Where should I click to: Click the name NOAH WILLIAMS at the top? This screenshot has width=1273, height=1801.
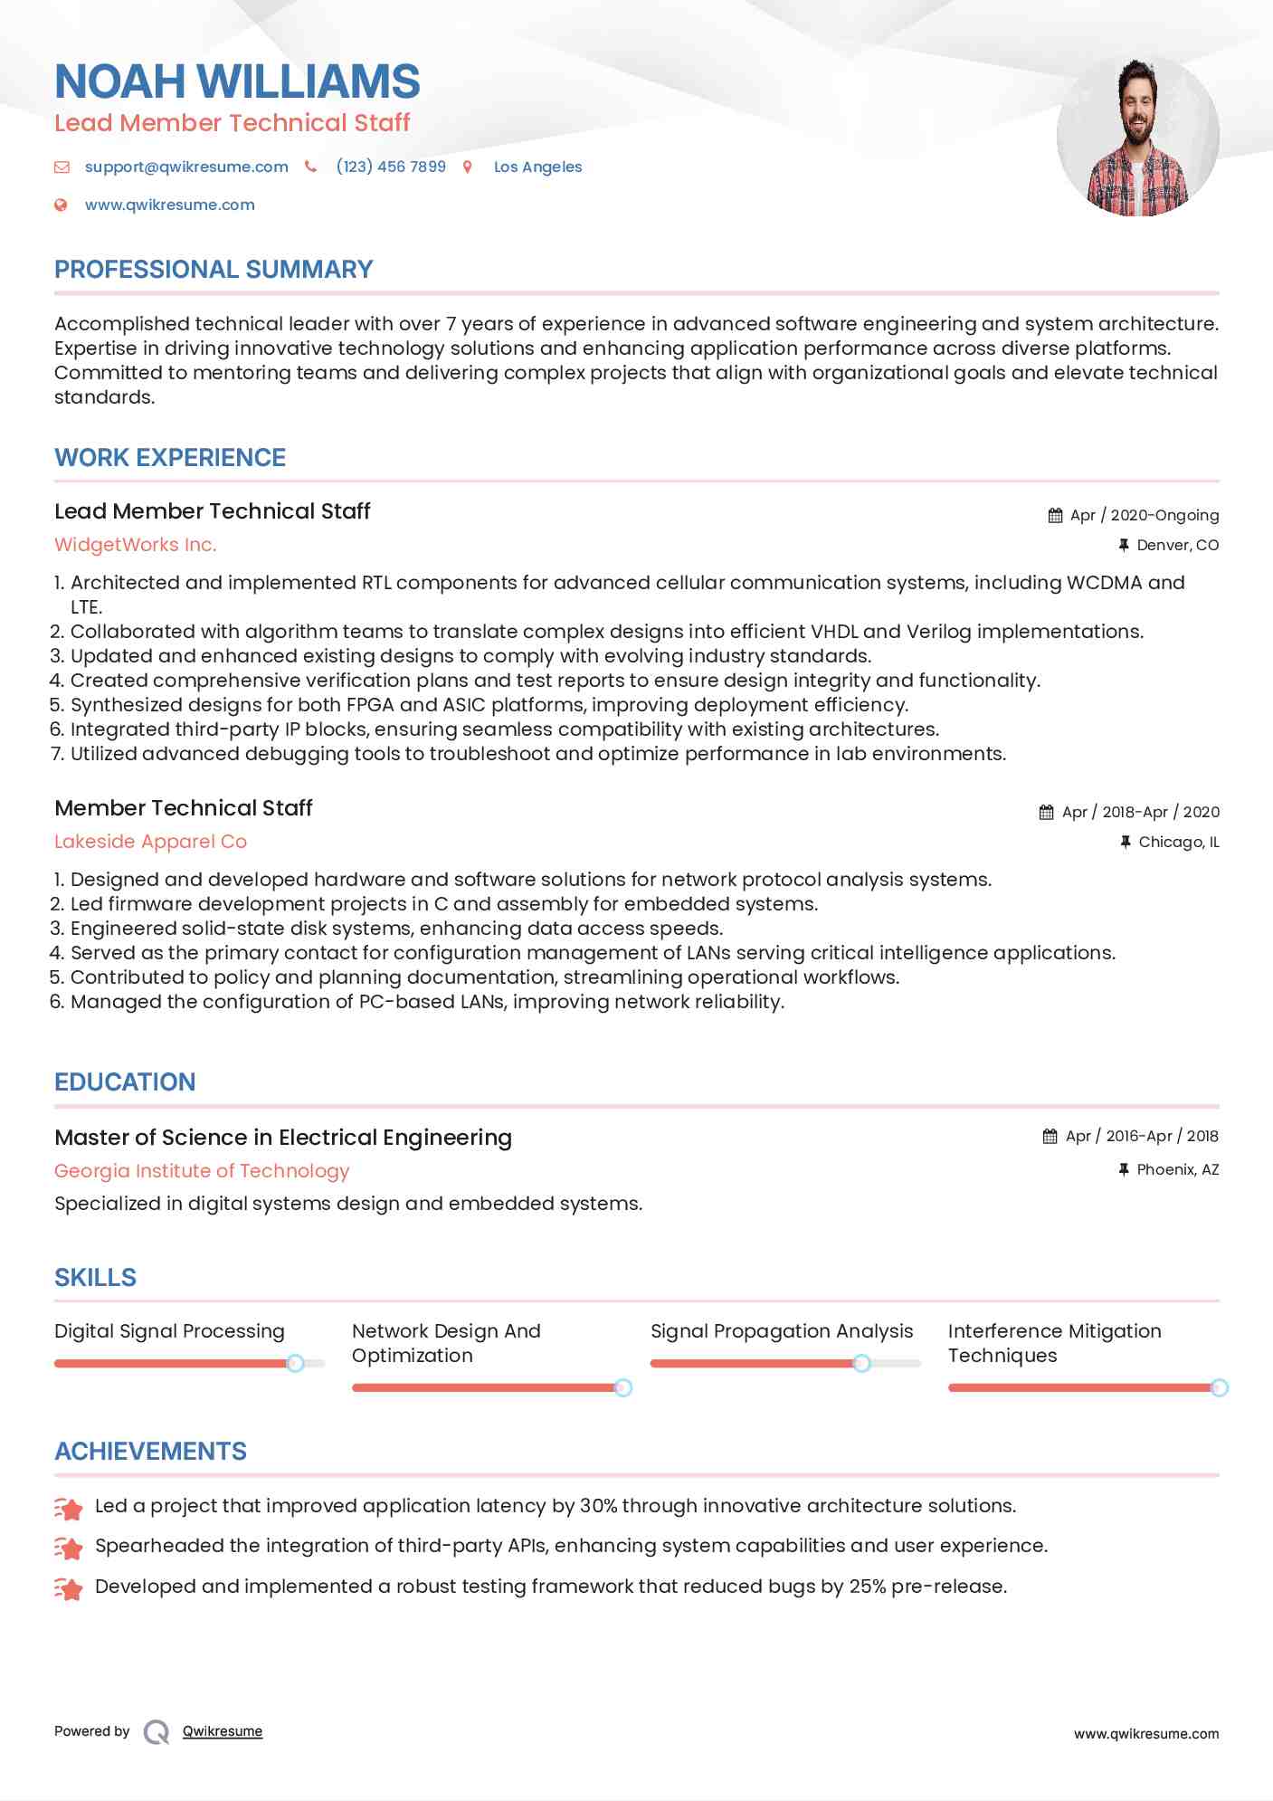[x=237, y=81]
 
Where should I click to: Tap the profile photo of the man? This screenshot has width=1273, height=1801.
[x=1137, y=136]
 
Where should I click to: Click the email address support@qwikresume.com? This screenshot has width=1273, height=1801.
[x=186, y=167]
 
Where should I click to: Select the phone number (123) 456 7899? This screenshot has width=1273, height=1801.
[x=391, y=167]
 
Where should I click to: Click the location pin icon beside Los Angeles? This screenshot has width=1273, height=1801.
[x=468, y=167]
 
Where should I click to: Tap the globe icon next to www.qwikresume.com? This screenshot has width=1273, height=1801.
[x=61, y=205]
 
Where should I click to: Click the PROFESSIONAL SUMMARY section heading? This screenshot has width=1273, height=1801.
[x=214, y=270]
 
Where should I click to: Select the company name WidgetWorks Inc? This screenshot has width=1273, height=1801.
[x=136, y=545]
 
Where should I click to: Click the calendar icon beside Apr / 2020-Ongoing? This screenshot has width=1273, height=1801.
[x=1055, y=516]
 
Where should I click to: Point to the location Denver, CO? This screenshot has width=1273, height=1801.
[x=1177, y=545]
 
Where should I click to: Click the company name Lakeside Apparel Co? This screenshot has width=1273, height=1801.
[x=150, y=842]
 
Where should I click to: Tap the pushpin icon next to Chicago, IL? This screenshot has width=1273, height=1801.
[x=1125, y=842]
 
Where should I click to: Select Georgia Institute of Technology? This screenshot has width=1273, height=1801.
[x=202, y=1171]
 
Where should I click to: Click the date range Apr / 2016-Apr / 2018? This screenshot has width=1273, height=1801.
[x=1142, y=1137]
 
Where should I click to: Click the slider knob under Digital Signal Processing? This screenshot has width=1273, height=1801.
[x=295, y=1363]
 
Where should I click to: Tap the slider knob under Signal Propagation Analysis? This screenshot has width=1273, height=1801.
[x=861, y=1363]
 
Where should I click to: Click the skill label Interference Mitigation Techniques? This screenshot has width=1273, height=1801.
[x=1054, y=1343]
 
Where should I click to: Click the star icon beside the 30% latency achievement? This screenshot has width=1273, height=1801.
[x=69, y=1508]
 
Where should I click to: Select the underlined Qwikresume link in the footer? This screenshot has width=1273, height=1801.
[x=223, y=1731]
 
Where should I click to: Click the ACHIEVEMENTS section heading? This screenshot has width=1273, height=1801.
[x=150, y=1452]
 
